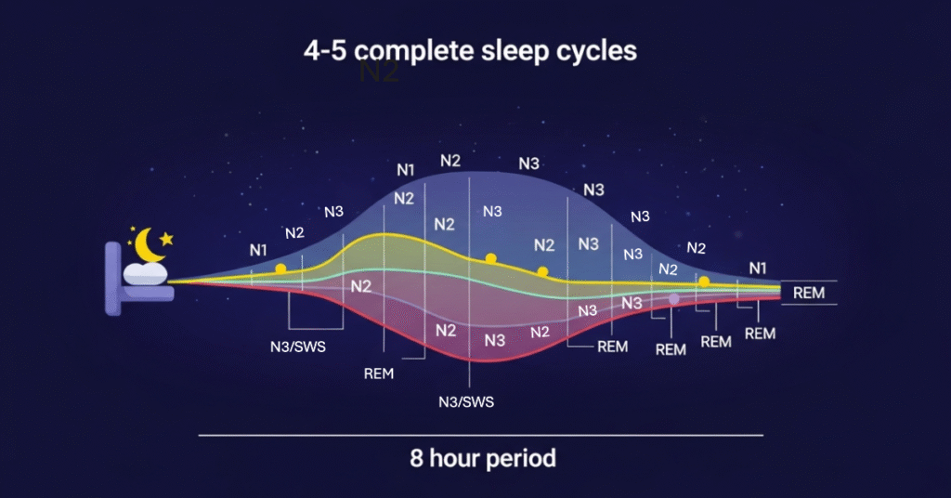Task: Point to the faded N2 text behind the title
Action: pyautogui.click(x=378, y=72)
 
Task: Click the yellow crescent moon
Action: pyautogui.click(x=149, y=245)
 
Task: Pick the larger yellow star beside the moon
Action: pyautogui.click(x=167, y=239)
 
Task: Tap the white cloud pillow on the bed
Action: pyautogui.click(x=146, y=272)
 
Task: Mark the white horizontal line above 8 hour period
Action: pyautogui.click(x=480, y=434)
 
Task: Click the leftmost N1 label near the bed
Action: pyautogui.click(x=258, y=250)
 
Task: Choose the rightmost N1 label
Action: pyautogui.click(x=758, y=269)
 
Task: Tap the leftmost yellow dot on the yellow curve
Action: pyautogui.click(x=280, y=269)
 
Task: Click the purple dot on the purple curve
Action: pyautogui.click(x=674, y=298)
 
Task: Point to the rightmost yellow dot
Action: pyautogui.click(x=704, y=281)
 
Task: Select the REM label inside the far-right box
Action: pyautogui.click(x=808, y=293)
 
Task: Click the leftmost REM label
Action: pyautogui.click(x=379, y=373)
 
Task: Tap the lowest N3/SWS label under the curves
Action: pyautogui.click(x=466, y=401)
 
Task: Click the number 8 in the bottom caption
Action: pyautogui.click(x=417, y=458)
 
